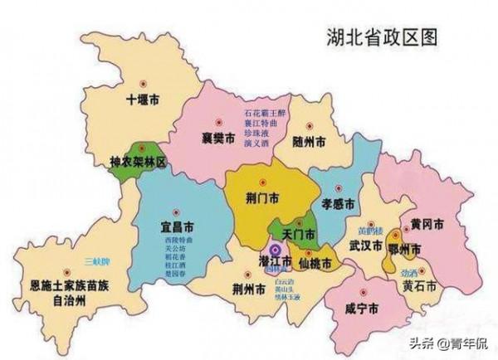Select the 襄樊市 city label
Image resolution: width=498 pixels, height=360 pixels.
pyautogui.click(x=220, y=137)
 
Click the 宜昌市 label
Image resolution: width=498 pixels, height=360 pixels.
pyautogui.click(x=177, y=226)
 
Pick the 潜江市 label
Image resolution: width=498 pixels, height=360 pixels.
pyautogui.click(x=275, y=262)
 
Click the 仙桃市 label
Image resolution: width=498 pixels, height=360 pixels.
pyautogui.click(x=315, y=263)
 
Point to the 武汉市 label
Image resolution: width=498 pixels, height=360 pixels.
pyautogui.click(x=364, y=247)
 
